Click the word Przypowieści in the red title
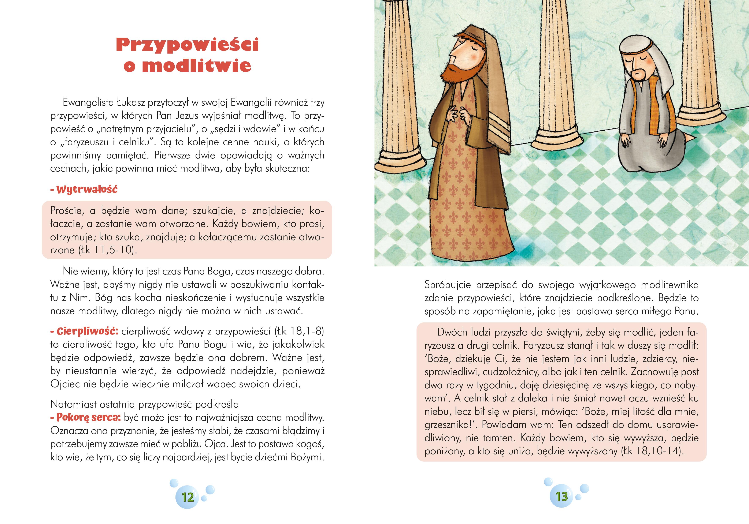coord(187,45)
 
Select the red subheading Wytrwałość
coord(87,190)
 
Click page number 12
coord(188,497)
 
